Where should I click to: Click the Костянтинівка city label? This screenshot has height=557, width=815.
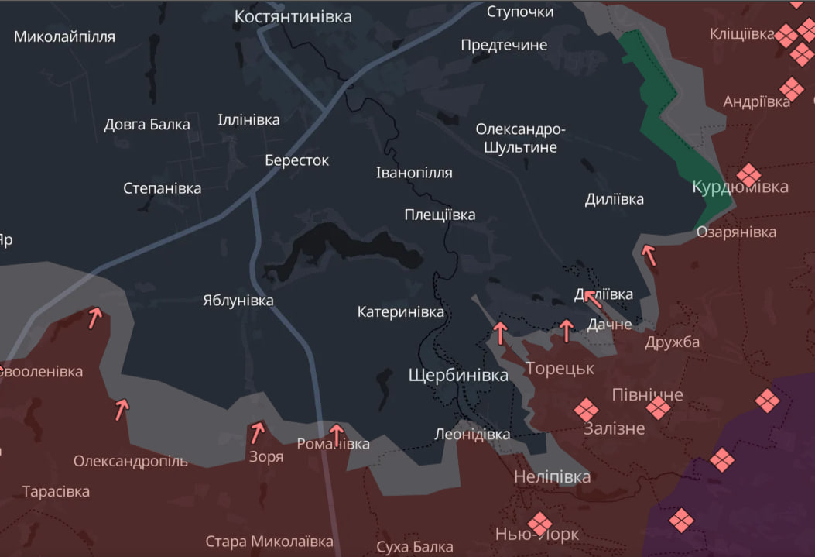tap(293, 16)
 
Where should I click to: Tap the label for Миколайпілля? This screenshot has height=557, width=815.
tap(64, 36)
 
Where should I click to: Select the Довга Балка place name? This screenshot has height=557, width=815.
tap(147, 124)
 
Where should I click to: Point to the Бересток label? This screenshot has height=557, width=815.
tap(296, 160)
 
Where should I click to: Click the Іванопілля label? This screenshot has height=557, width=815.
tap(414, 173)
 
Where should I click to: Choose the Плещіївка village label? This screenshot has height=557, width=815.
tap(440, 215)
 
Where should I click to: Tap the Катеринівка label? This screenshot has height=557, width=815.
tap(401, 312)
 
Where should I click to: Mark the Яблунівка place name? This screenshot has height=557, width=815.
tap(238, 301)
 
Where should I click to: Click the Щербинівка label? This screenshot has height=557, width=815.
tap(458, 376)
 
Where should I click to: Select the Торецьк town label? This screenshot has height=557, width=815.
tap(560, 368)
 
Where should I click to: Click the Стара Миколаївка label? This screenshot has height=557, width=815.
tap(269, 542)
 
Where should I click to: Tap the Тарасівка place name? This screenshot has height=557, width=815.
tap(56, 492)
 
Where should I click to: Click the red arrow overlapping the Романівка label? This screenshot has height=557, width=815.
tap(336, 433)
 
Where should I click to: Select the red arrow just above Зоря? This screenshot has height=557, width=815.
tap(257, 432)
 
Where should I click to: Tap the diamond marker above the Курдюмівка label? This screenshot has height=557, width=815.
tap(748, 174)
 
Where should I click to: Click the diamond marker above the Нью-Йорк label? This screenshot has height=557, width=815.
tap(539, 523)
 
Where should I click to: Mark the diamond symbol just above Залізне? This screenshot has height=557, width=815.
tap(585, 410)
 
